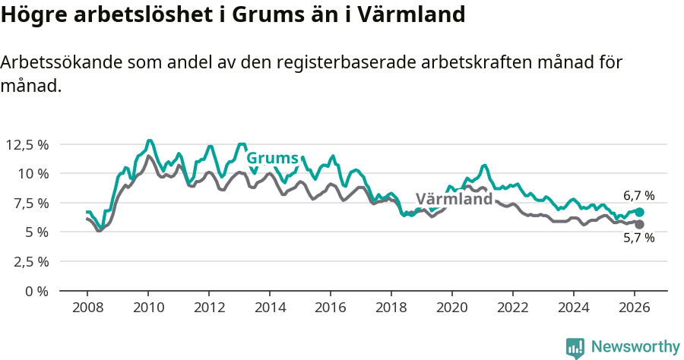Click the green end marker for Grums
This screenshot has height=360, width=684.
click(x=639, y=213)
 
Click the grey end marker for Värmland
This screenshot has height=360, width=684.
click(x=639, y=224)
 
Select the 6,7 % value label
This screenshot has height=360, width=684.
click(x=638, y=196)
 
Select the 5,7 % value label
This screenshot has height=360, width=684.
click(x=638, y=238)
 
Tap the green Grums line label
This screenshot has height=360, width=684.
click(x=272, y=158)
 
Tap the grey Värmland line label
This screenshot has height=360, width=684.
click(x=454, y=200)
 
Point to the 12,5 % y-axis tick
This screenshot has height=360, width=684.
click(x=27, y=144)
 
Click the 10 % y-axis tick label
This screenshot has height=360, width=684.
click(x=33, y=173)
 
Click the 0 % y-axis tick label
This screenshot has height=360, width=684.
click(x=37, y=291)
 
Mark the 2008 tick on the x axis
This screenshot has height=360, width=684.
click(x=87, y=308)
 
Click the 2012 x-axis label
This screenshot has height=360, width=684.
click(x=209, y=308)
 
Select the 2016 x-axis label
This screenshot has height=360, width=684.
click(x=331, y=308)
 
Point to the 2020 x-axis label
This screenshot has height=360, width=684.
click(x=452, y=308)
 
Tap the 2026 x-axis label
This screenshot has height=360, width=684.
click(x=635, y=308)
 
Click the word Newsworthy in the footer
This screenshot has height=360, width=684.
click(x=635, y=347)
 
